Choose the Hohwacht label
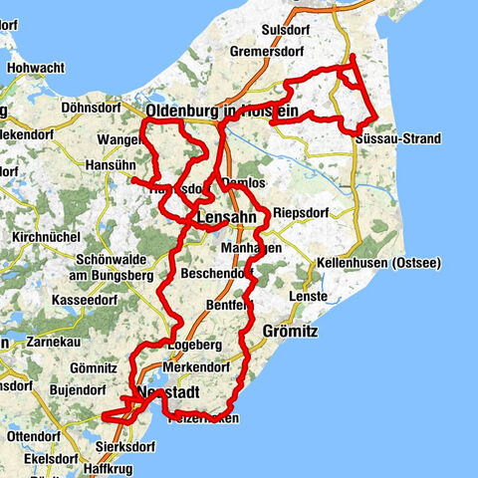[x=36, y=69]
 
